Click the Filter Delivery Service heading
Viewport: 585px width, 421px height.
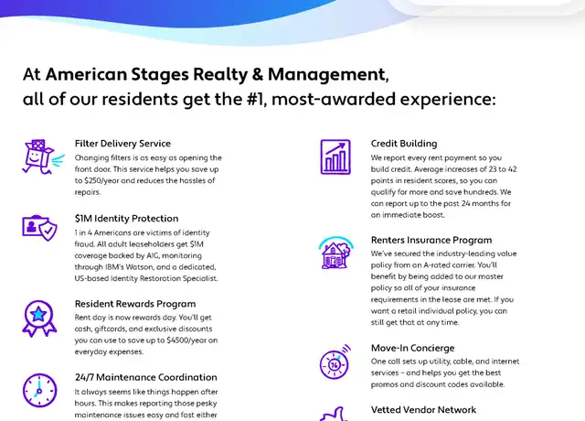(122, 144)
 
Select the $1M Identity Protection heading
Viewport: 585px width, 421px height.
(126, 219)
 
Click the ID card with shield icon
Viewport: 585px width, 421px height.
(39, 228)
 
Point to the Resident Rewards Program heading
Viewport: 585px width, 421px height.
(135, 304)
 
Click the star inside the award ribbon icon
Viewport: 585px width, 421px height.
(38, 315)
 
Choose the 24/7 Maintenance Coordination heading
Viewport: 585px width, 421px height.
(146, 377)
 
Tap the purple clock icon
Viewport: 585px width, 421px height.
(39, 391)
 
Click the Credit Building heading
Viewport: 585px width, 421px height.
(404, 144)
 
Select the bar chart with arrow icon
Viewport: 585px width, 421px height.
(335, 157)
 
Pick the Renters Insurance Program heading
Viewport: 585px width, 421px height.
(431, 240)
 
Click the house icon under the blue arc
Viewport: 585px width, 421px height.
(335, 255)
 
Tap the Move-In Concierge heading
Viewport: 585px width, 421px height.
(412, 348)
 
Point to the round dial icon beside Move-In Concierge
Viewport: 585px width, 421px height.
(335, 363)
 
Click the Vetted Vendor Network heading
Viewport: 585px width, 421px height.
(423, 410)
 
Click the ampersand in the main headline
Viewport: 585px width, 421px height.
(258, 74)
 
